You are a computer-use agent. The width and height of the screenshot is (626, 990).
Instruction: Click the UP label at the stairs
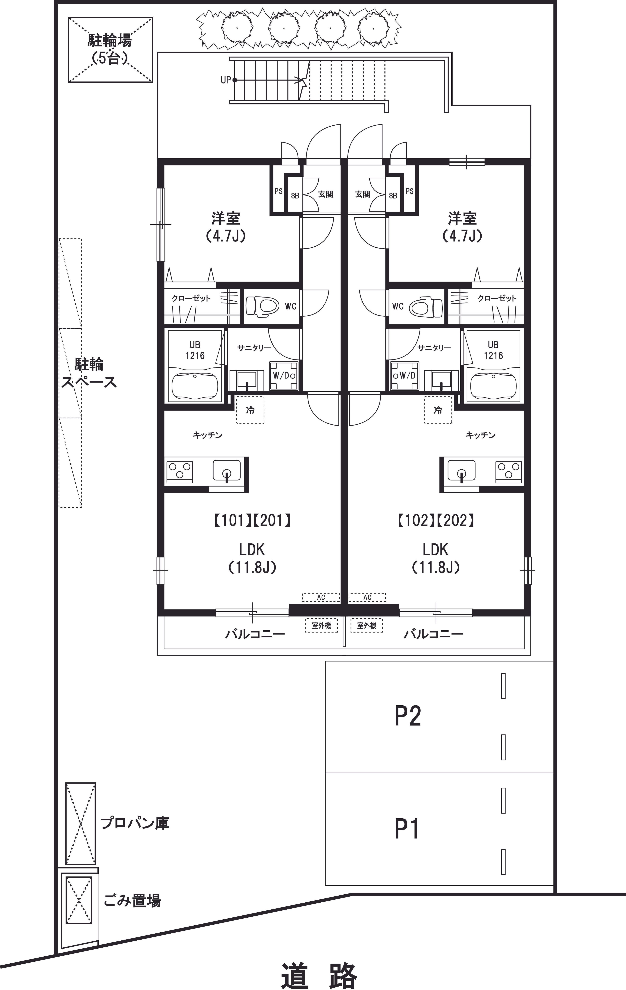226,80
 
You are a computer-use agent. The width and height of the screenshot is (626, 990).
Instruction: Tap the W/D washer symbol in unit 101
283,376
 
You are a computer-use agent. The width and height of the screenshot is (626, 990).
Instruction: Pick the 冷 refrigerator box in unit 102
438,410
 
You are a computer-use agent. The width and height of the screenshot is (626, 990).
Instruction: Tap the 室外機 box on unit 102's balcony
367,625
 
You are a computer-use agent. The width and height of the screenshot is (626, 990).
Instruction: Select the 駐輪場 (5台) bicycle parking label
110,49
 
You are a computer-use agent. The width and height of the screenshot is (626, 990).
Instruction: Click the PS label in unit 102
409,191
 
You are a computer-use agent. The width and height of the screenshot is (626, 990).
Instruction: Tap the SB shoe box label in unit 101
295,196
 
